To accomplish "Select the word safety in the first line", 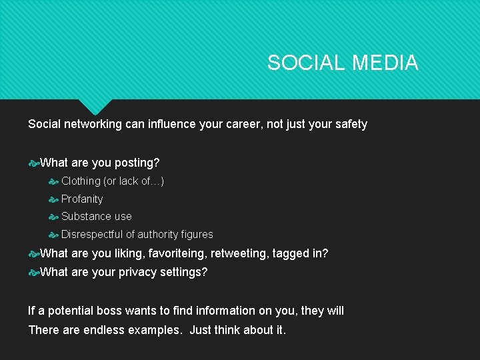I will pyautogui.click(x=349, y=124).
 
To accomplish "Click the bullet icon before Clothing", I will pyautogui.click(x=54, y=181).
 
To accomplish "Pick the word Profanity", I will pyautogui.click(x=82, y=199).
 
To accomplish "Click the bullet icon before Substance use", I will pyautogui.click(x=54, y=217).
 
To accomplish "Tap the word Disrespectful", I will pyautogui.click(x=92, y=235).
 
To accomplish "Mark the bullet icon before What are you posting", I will pyautogui.click(x=33, y=163).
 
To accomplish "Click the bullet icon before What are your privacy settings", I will pyautogui.click(x=33, y=272).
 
